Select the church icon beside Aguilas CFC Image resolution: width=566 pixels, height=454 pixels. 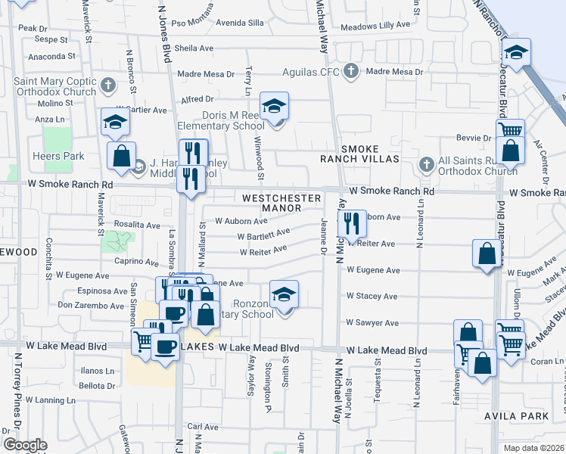[x=350, y=72]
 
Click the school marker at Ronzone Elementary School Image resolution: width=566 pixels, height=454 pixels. [x=284, y=295]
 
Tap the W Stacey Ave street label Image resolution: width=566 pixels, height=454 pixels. [x=372, y=297]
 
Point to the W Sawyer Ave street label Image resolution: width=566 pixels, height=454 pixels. [x=372, y=322]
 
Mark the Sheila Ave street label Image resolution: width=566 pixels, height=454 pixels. [x=194, y=48]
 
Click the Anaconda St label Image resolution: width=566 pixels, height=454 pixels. [x=51, y=56]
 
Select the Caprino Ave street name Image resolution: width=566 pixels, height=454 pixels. [x=136, y=263]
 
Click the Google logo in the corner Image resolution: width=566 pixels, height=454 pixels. [x=25, y=445]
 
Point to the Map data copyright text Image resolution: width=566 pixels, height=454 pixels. [x=533, y=448]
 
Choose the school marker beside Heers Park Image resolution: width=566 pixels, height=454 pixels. [x=115, y=122]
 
